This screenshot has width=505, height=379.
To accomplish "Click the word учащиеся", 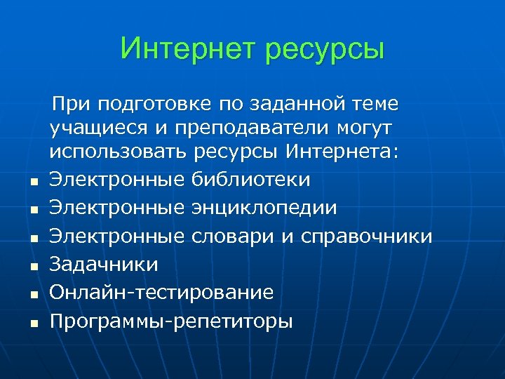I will tap(93, 129).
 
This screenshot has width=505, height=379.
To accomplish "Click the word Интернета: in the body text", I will tap(346, 153).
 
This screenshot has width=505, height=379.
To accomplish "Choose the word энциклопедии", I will tap(264, 208).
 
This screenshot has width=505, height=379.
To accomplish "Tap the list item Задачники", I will tap(104, 265).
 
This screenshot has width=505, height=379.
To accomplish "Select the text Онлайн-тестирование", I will tap(161, 293).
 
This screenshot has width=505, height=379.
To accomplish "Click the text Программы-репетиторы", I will tap(171, 321).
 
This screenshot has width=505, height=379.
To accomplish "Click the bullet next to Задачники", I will tap(33, 267).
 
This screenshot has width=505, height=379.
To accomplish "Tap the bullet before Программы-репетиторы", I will tap(33, 324).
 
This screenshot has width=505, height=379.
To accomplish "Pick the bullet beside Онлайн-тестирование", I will tap(33, 295).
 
